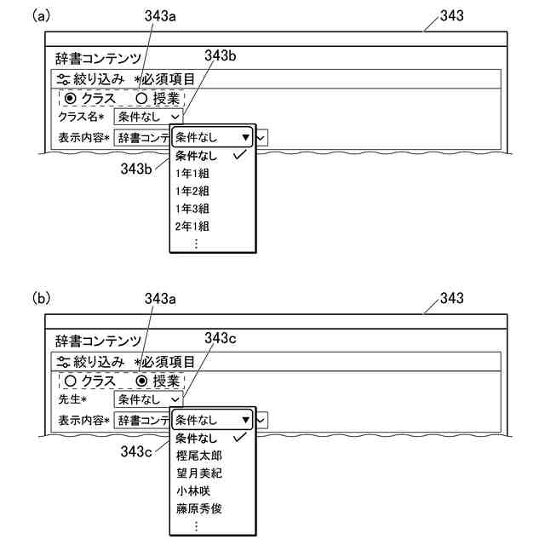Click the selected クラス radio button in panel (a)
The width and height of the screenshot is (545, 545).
(70, 98)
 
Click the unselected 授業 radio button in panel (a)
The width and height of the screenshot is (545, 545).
(141, 98)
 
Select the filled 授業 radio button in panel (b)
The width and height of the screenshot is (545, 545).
(141, 381)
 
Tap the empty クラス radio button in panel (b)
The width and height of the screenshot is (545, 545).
(70, 381)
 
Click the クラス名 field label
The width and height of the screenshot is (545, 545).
(80, 117)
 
